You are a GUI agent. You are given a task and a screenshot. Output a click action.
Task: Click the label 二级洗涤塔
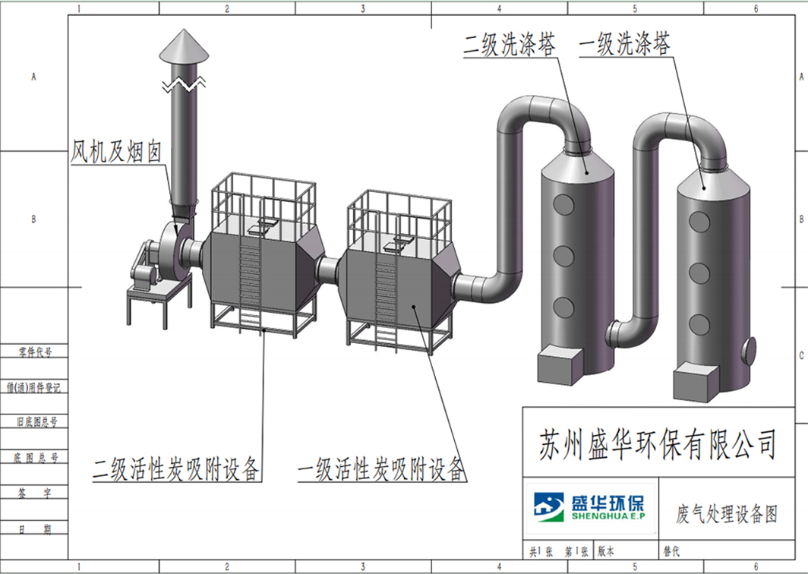click(511, 45)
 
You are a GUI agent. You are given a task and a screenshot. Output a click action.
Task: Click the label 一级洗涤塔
click(625, 45)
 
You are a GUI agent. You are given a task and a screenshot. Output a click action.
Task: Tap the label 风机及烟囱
click(117, 152)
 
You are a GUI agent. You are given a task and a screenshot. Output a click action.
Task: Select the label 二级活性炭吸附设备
click(176, 468)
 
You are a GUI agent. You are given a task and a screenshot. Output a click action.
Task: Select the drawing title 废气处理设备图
click(727, 514)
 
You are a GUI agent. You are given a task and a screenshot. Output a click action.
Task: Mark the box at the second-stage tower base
click(560, 367)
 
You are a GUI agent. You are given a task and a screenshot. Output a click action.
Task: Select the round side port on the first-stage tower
click(750, 349)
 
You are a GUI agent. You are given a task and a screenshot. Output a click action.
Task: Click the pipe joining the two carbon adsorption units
click(328, 270)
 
